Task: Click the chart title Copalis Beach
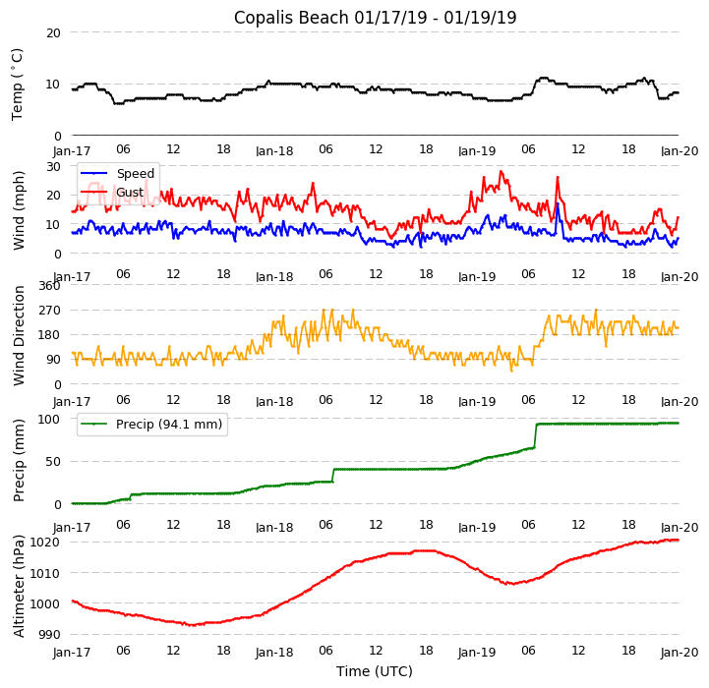pyautogui.click(x=375, y=18)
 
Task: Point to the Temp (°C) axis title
pyautogui.click(x=18, y=84)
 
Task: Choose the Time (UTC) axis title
pyautogui.click(x=375, y=671)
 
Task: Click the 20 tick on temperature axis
pyautogui.click(x=53, y=32)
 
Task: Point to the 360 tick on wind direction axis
pyautogui.click(x=49, y=285)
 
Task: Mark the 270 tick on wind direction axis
pyautogui.click(x=49, y=310)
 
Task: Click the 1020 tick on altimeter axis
pyautogui.click(x=45, y=542)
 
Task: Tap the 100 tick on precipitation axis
pyautogui.click(x=49, y=419)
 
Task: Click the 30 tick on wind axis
pyautogui.click(x=53, y=166)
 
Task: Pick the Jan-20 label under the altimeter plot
pyautogui.click(x=679, y=652)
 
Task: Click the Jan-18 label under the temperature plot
pyautogui.click(x=274, y=151)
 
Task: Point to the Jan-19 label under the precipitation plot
pyautogui.click(x=477, y=525)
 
